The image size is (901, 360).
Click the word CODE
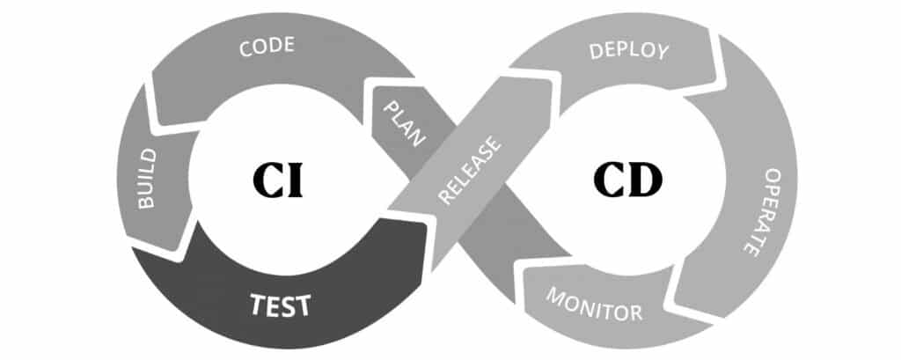coord(267,47)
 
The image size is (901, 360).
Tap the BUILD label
coord(147,179)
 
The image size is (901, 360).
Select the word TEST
coord(281,305)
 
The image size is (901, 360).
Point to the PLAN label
coord(406,122)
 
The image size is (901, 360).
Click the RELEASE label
coord(470,170)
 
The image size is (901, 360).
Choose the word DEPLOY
coord(629,50)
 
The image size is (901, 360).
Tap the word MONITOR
coord(594,304)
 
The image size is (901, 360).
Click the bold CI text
coord(277,180)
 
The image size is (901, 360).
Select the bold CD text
coord(628,179)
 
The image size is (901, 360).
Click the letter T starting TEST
coord(258,305)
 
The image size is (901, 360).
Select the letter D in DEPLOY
coord(597,51)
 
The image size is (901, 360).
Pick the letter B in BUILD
coord(147,202)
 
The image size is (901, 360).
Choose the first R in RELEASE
coord(445,196)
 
